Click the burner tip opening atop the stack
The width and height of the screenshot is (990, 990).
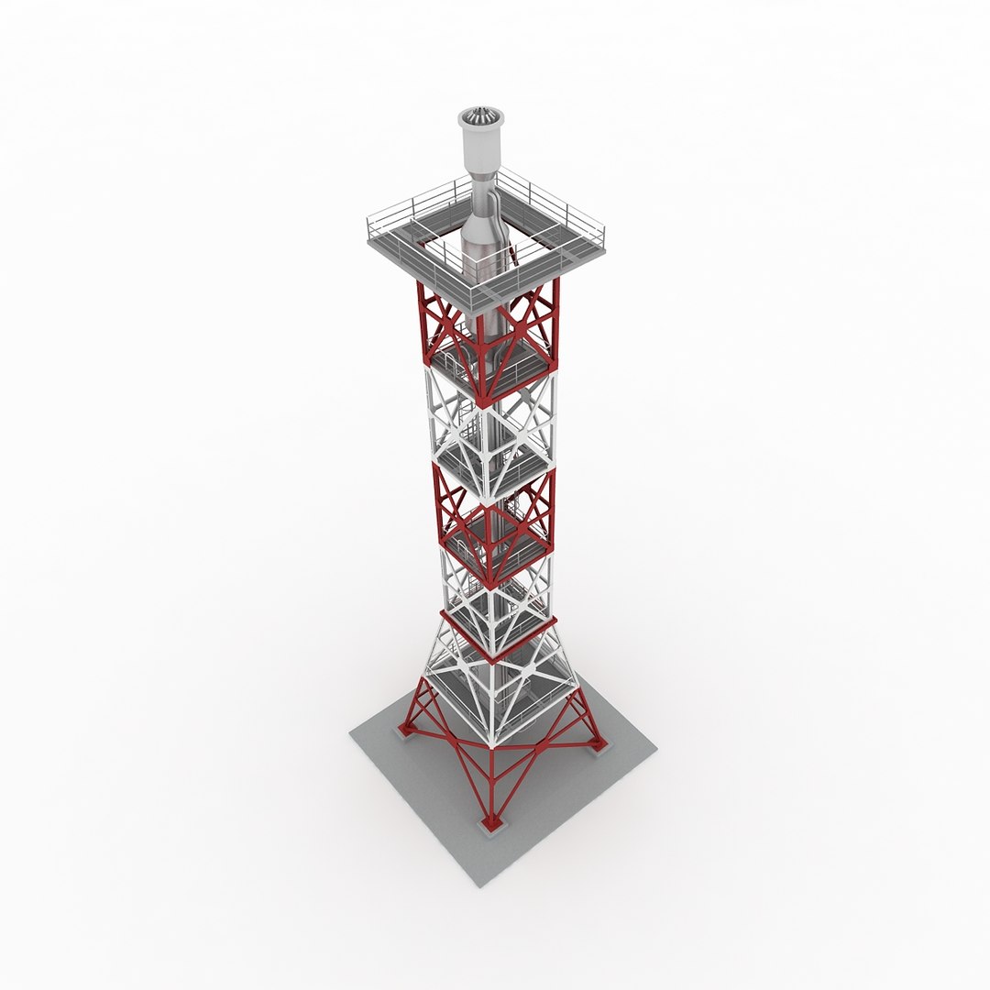click(x=480, y=116)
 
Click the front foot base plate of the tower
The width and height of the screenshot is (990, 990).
click(x=492, y=825)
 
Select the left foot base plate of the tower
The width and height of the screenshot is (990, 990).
click(x=403, y=731)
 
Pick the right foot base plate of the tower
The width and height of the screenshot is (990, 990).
click(x=599, y=745)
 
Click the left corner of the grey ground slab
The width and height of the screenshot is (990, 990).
click(x=351, y=732)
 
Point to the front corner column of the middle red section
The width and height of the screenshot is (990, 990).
click(x=491, y=541)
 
